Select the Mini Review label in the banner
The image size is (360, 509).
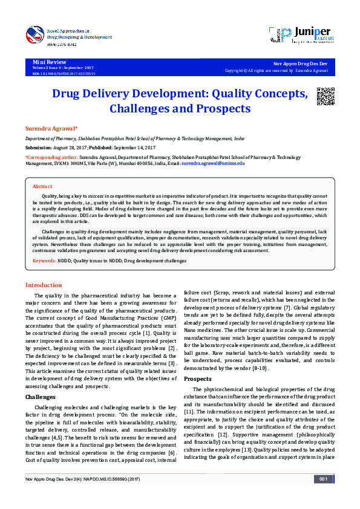(48, 62)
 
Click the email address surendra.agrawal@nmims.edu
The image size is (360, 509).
(213, 163)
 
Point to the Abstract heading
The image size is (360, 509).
(42, 187)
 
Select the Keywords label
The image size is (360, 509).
(44, 261)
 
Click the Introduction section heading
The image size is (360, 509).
(43, 285)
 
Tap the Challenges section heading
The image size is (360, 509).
(41, 380)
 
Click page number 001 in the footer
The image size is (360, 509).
(322, 496)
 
